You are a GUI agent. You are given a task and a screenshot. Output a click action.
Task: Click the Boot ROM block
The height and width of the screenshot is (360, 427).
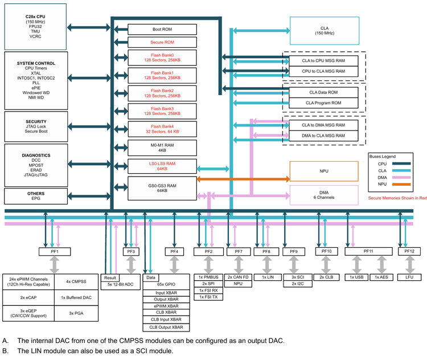pos(162,29)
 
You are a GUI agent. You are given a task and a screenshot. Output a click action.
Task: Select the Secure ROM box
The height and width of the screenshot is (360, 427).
pos(162,42)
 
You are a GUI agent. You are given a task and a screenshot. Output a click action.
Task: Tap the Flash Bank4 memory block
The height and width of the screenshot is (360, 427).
pos(162,129)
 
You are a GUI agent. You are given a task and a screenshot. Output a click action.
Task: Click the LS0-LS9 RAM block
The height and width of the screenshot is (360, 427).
pos(162,166)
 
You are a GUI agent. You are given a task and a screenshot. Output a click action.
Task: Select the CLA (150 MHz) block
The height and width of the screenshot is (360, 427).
pos(324,30)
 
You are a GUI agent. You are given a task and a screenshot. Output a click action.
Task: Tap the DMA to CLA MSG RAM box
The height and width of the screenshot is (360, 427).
pos(323,136)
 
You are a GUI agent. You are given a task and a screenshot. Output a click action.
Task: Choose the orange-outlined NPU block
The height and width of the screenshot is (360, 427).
pos(324,171)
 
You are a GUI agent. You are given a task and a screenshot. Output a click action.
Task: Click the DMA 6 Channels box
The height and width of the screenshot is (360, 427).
pos(324,195)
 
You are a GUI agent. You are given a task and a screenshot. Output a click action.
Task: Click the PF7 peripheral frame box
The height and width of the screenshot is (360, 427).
pos(238,251)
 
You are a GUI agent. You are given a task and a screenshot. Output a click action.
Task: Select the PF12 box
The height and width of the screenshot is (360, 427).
pos(409,251)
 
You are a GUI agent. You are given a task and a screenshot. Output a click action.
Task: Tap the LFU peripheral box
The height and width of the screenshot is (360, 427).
pos(409,277)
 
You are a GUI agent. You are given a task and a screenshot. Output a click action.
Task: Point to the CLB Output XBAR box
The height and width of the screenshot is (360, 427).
pos(166,328)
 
